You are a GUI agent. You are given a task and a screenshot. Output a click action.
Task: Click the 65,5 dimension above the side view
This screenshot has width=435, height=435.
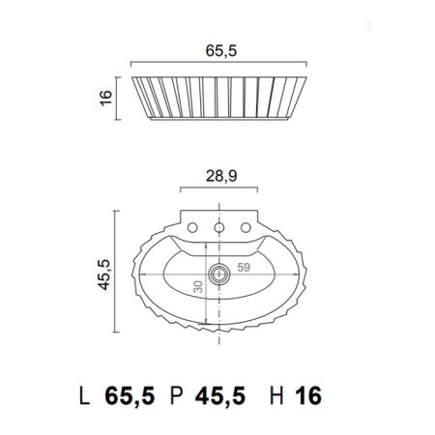tap(221, 51)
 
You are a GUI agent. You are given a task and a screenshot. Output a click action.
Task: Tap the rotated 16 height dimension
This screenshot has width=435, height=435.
tap(106, 98)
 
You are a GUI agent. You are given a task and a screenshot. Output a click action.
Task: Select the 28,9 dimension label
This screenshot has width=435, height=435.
tap(221, 176)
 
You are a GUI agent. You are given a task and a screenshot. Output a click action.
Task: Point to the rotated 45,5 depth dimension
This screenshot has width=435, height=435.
tap(104, 275)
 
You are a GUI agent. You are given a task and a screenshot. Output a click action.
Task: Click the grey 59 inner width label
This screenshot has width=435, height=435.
tap(244, 267)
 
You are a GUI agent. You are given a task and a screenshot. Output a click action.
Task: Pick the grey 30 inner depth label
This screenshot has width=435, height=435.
tap(198, 287)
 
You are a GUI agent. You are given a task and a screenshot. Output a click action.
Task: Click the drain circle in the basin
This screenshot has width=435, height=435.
tap(219, 275)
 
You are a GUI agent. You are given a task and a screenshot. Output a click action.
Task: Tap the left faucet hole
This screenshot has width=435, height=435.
tap(192, 228)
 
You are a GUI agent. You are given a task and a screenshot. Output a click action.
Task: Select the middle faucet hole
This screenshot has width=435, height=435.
tap(219, 228)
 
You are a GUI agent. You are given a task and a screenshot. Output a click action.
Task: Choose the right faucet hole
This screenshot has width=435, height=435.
tap(246, 228)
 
